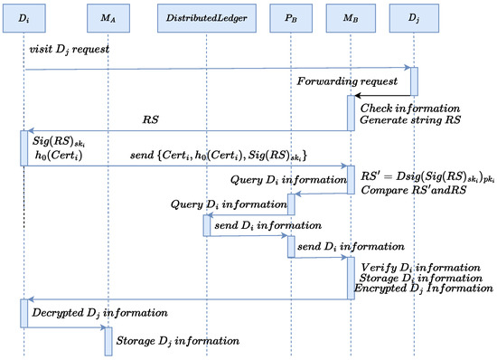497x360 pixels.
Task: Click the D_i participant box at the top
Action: (x=24, y=17)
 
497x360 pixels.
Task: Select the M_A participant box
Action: (x=108, y=17)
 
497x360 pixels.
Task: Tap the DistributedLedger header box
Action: (x=207, y=17)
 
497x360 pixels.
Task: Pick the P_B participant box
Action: (x=291, y=17)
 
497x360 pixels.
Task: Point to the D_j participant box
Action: (x=414, y=17)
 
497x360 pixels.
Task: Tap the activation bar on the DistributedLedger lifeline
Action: (x=207, y=224)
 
